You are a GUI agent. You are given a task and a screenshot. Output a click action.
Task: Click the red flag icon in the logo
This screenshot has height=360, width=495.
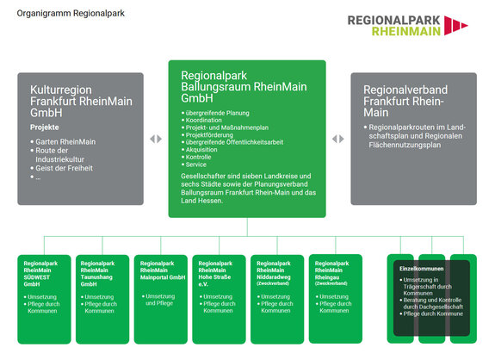click(455, 25)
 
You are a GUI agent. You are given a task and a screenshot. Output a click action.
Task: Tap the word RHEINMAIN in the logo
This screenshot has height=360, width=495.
click(405, 31)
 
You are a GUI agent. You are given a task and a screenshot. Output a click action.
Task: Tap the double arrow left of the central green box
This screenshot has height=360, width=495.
click(155, 139)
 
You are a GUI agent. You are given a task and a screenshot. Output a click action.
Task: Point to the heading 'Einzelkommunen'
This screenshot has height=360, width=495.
click(420, 270)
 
